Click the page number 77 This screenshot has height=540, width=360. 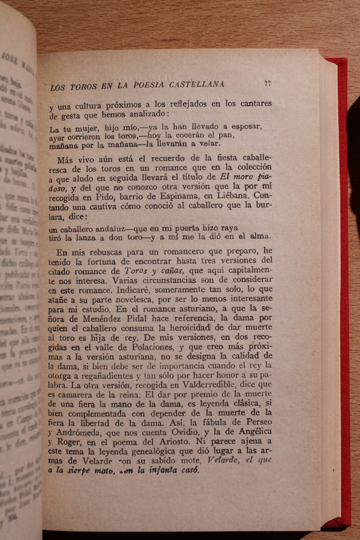(x=267, y=83)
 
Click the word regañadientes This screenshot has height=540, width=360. (x=113, y=375)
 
